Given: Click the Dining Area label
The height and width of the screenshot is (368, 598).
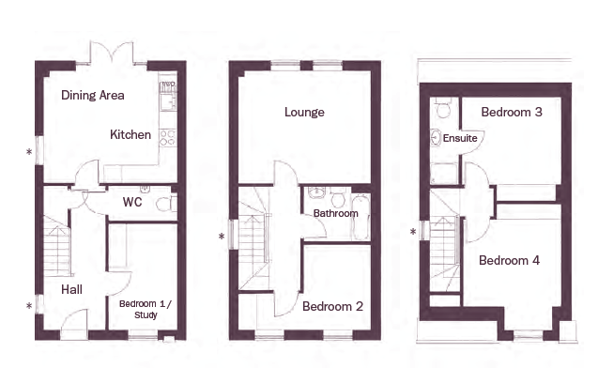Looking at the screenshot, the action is click(93, 95).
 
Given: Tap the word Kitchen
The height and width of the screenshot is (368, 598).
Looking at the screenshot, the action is click(130, 134).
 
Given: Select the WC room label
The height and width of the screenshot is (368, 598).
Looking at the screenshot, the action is click(132, 202).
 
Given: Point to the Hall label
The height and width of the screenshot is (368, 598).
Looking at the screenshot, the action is click(71, 289).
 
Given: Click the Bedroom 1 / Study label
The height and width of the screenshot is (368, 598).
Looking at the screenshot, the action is click(146, 309).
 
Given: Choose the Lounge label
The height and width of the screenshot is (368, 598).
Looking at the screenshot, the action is click(304, 112).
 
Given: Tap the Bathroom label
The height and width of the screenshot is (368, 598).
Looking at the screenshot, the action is click(336, 213).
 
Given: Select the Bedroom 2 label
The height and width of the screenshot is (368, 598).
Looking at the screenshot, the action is click(332, 306).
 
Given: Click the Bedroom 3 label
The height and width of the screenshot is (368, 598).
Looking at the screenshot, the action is click(512, 112).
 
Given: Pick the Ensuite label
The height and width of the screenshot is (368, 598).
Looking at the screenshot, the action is click(460, 138).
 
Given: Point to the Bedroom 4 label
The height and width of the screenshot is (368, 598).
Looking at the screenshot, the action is click(509, 260).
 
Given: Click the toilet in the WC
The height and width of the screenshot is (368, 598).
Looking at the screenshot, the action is click(166, 204).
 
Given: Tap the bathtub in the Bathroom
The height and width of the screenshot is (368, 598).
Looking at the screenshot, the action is click(360, 218).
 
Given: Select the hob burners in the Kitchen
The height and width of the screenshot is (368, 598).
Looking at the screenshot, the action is click(168, 138).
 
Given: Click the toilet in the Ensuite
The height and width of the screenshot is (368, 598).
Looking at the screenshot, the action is click(443, 108).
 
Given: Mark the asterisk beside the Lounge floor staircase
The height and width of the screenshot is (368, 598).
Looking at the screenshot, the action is click(222, 237).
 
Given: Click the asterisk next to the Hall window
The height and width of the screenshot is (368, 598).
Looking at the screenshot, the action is click(29, 306).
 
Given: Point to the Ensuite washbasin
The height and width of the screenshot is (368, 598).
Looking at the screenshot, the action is click(436, 138).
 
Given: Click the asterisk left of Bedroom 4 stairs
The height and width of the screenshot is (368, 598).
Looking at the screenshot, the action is click(413, 232).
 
